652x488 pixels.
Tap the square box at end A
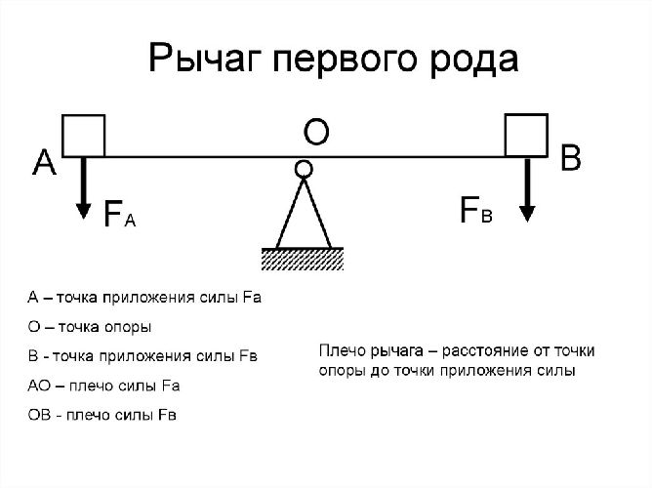(83, 135)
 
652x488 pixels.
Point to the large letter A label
(43, 163)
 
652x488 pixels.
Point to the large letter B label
(571, 158)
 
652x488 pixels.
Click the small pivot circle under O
(304, 169)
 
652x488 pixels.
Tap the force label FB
(475, 211)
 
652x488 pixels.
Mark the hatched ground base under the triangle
(304, 258)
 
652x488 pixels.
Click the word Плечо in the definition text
(341, 349)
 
